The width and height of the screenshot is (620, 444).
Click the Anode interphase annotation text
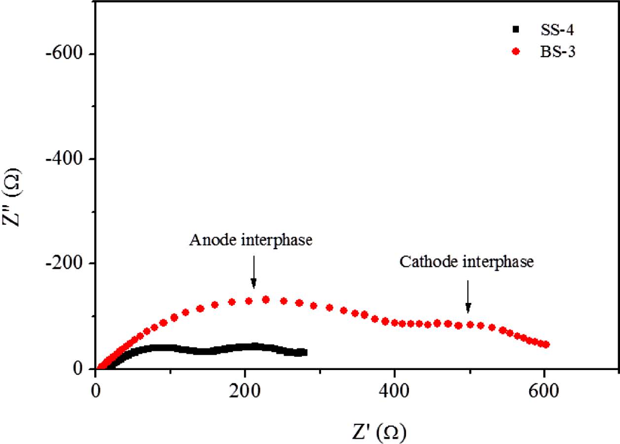251,240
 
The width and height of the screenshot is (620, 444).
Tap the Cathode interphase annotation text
467,262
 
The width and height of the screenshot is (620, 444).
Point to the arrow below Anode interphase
254,272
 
